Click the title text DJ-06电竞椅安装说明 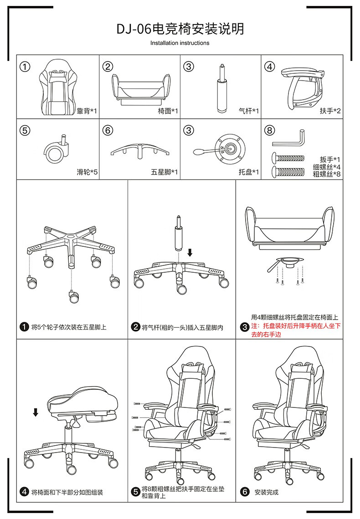[x=180, y=29]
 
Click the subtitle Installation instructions [x=180, y=43]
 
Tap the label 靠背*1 [x=87, y=111]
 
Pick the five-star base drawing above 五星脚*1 [x=139, y=150]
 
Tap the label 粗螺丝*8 [x=327, y=173]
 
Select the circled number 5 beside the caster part [x=26, y=131]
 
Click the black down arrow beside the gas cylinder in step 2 [x=190, y=252]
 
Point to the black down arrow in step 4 [x=36, y=412]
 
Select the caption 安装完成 [x=266, y=492]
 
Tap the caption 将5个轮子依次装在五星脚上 [x=69, y=327]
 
